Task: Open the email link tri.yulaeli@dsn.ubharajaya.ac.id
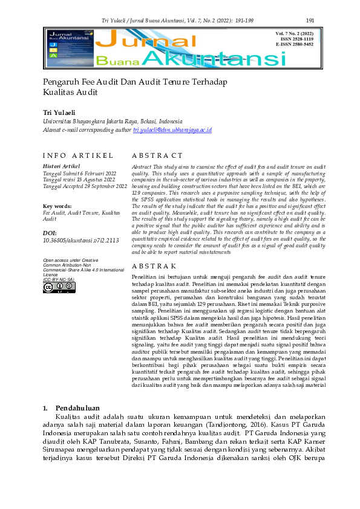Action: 172,130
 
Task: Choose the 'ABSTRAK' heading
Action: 154,266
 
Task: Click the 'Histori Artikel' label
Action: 61,166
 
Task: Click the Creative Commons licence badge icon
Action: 59,288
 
